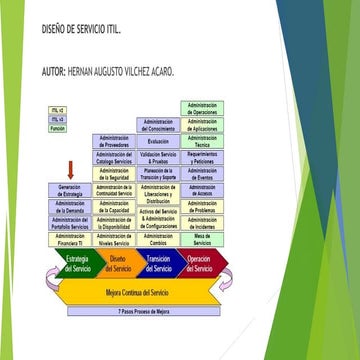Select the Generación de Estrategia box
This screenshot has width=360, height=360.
(x=70, y=189)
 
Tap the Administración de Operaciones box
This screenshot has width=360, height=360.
(x=203, y=108)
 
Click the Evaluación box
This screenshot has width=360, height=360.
(x=158, y=141)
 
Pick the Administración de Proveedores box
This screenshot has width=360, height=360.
(x=115, y=141)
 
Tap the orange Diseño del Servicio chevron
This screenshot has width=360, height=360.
(x=121, y=265)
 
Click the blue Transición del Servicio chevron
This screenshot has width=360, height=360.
(x=160, y=265)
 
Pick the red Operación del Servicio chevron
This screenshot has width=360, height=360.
(x=199, y=265)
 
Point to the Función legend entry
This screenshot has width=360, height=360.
(x=58, y=128)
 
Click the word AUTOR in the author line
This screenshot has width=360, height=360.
(x=54, y=72)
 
